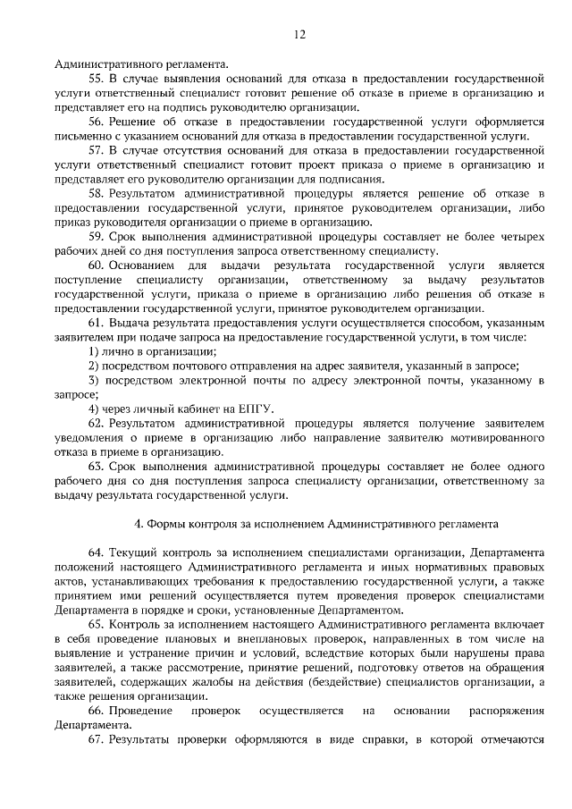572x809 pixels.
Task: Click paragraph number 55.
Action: click(95, 79)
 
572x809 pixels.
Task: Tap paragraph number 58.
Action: click(95, 193)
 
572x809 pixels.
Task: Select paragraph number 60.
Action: click(95, 265)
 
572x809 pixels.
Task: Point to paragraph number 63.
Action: click(95, 467)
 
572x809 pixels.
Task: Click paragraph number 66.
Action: click(95, 712)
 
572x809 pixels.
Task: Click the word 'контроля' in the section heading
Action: click(205, 524)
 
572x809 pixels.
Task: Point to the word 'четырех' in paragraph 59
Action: click(521, 236)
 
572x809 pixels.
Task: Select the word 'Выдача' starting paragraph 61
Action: click(130, 323)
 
